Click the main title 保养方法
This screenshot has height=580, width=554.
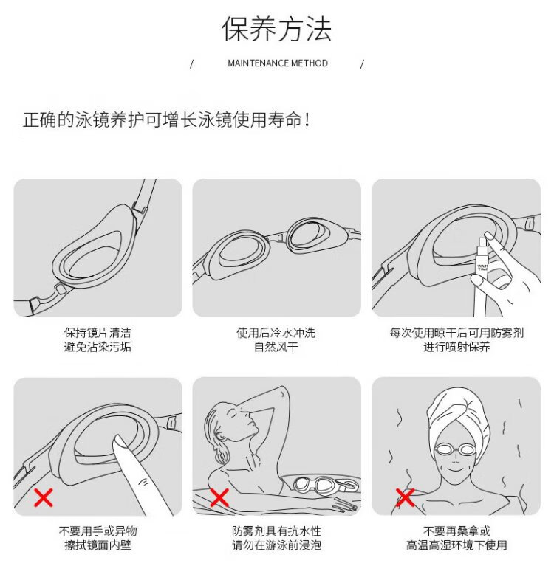[x=276, y=29]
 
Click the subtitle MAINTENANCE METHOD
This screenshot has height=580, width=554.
[x=278, y=63]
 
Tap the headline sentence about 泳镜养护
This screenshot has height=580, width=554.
[x=166, y=120]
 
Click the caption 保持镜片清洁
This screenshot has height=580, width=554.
[x=98, y=333]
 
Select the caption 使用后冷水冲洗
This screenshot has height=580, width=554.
[x=276, y=333]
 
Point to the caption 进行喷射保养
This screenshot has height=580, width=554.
[x=456, y=347]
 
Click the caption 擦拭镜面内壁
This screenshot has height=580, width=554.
[x=98, y=545]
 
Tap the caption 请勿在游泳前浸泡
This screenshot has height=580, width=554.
[x=276, y=545]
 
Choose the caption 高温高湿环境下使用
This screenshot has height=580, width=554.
[x=456, y=545]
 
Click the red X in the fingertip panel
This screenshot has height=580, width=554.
[x=44, y=497]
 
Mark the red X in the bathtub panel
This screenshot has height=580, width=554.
[x=219, y=497]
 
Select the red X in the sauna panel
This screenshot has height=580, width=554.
[x=405, y=497]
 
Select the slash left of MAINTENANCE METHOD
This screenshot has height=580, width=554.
[x=191, y=64]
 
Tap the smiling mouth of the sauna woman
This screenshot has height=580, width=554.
[x=456, y=470]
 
